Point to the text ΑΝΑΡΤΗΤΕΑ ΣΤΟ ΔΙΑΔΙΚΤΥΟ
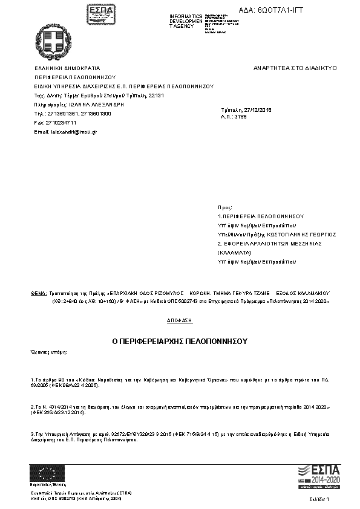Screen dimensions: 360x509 (x=295, y=68)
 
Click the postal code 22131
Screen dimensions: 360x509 (x=156, y=96)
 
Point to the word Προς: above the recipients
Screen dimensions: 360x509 (x=224, y=207)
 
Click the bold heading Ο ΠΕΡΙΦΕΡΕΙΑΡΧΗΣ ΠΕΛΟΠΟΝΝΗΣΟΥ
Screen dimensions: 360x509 (x=180, y=341)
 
